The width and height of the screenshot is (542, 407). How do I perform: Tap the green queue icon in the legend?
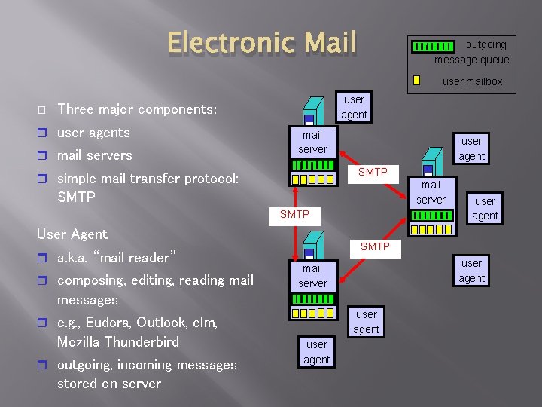[433, 47]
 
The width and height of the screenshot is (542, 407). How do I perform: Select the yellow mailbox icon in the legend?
[416, 81]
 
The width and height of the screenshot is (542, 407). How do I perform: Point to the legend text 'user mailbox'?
[472, 81]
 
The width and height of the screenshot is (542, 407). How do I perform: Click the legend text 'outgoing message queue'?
[472, 52]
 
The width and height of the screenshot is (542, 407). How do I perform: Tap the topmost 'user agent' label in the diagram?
[354, 107]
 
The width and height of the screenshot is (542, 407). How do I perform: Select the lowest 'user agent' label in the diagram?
[317, 352]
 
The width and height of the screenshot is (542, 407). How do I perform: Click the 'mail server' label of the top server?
[312, 142]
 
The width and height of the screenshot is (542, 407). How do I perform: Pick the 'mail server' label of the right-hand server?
[431, 192]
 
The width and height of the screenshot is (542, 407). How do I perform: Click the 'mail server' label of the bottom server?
[312, 276]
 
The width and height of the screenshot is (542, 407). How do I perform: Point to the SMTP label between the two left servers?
[294, 215]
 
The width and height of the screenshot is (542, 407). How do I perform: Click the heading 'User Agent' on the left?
[72, 234]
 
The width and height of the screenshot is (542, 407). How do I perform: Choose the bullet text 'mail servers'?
[95, 155]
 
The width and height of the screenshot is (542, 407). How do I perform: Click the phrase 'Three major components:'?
[137, 109]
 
